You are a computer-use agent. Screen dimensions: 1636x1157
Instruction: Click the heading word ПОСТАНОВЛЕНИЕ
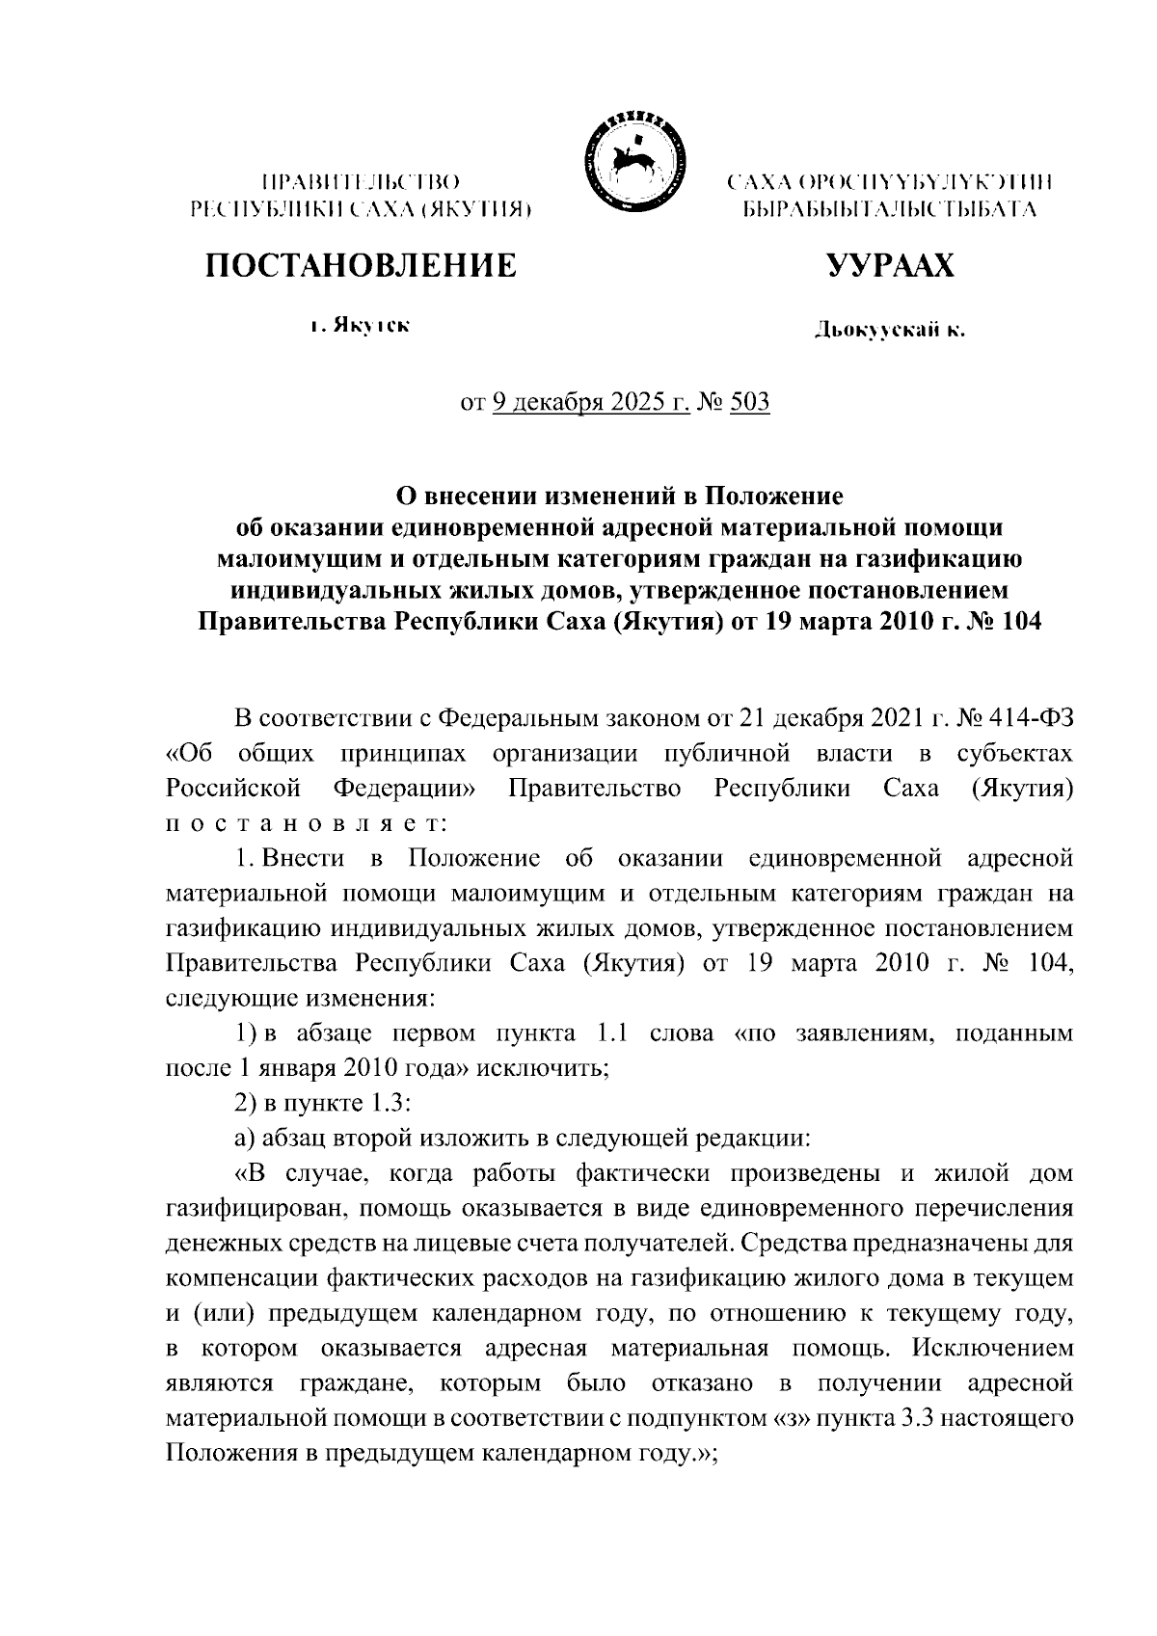click(360, 265)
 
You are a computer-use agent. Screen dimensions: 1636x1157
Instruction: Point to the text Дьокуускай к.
click(889, 331)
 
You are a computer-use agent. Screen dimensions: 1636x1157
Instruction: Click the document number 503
click(750, 401)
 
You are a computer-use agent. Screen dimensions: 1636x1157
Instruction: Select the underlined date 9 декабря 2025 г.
click(590, 401)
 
